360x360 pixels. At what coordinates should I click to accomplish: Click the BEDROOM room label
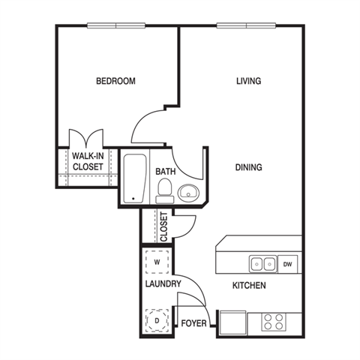[x=115, y=81]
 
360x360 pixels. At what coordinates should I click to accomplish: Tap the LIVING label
[x=249, y=81]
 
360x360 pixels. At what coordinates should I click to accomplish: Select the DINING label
[x=249, y=167]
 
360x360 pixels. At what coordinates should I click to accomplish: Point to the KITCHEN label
[x=249, y=285]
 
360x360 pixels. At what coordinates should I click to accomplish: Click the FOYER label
[x=193, y=323]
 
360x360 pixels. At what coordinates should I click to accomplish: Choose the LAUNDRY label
[x=163, y=283]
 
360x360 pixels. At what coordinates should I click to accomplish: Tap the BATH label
[x=166, y=172]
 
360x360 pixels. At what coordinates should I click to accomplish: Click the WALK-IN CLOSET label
[x=88, y=161]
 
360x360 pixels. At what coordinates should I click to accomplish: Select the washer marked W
[x=157, y=262]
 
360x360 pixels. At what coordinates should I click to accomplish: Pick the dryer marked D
[x=157, y=320]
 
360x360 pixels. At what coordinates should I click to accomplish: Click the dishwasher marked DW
[x=287, y=264]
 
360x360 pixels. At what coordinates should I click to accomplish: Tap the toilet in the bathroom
[x=164, y=190]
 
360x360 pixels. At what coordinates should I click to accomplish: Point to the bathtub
[x=135, y=178]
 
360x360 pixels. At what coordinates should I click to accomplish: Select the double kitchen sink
[x=263, y=264]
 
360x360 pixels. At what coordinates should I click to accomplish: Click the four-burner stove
[x=274, y=322]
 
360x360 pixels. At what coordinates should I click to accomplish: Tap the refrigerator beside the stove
[x=232, y=322]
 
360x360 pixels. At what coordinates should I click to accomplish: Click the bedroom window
[x=116, y=25]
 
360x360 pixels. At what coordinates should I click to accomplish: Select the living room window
[x=246, y=25]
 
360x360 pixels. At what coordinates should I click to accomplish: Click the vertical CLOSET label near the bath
[x=163, y=226]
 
